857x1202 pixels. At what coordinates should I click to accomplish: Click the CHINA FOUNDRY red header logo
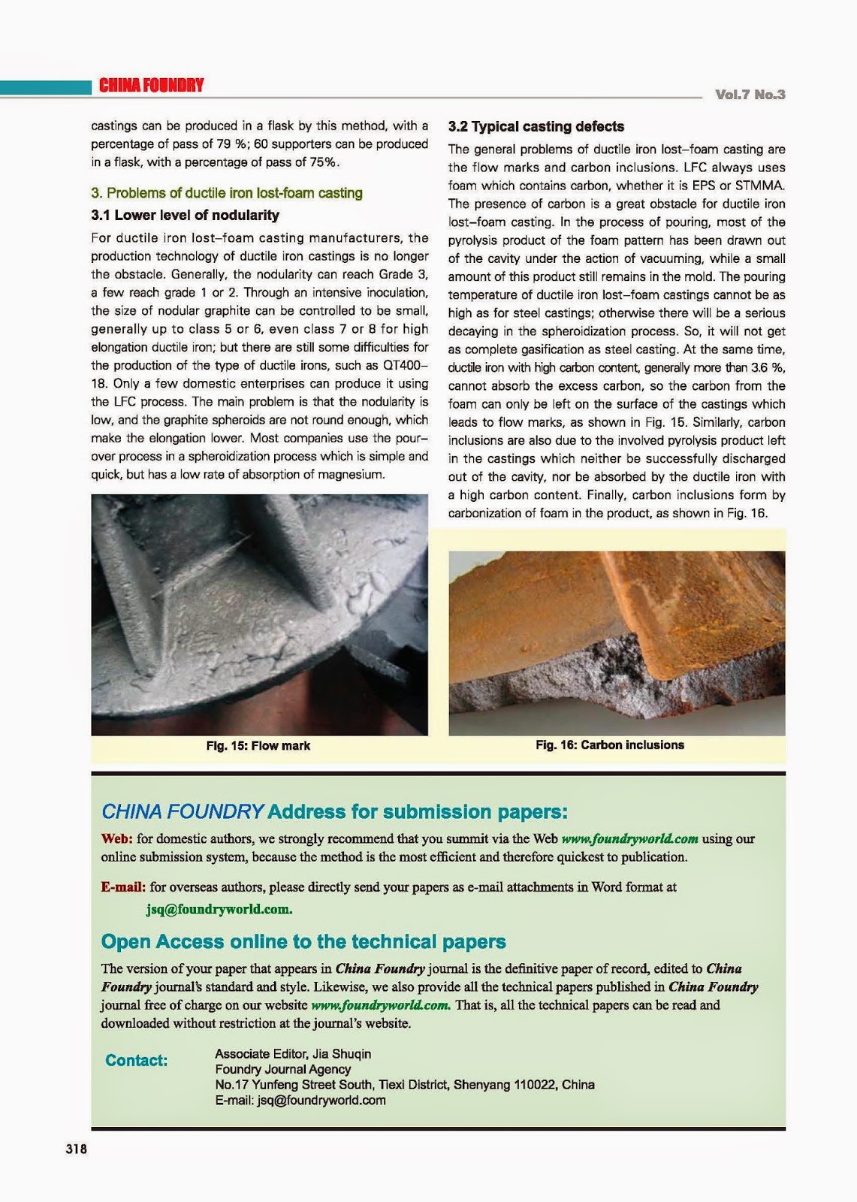[x=151, y=86]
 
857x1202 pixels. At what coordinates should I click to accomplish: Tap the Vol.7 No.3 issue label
[x=750, y=95]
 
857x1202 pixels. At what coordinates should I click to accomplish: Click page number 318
[x=77, y=1149]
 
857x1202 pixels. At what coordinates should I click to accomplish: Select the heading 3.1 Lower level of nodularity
[x=185, y=216]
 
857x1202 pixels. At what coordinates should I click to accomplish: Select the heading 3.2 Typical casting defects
[x=536, y=127]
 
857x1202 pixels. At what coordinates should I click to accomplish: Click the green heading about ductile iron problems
[x=227, y=193]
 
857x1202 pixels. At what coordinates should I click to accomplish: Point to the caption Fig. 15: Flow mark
[x=258, y=746]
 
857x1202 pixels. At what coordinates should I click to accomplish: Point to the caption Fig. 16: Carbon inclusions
[x=609, y=745]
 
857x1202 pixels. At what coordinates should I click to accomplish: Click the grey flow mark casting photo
[x=259, y=615]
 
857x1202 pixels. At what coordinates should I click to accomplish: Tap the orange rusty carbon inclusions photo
[x=617, y=643]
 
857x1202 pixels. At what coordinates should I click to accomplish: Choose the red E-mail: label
[x=124, y=887]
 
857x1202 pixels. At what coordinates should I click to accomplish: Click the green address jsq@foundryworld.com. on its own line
[x=219, y=909]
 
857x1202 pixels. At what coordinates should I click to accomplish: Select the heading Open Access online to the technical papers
[x=303, y=942]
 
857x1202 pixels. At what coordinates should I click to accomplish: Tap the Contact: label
[x=136, y=1061]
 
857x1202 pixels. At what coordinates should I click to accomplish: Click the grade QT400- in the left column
[x=406, y=366]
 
